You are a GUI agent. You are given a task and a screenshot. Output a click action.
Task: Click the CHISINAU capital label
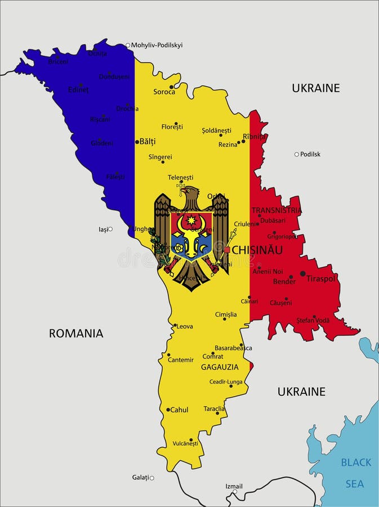(257, 250)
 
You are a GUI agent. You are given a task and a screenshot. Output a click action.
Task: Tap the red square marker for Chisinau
(227, 250)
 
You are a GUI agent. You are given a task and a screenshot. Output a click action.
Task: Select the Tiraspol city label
(320, 278)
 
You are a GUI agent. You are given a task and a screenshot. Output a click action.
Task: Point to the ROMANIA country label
(76, 333)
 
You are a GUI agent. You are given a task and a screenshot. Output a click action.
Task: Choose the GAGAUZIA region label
(220, 367)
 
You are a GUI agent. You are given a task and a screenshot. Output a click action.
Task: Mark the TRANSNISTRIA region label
(277, 210)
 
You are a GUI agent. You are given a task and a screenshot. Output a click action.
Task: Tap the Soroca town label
(164, 92)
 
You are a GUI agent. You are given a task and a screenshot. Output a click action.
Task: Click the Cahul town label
(179, 410)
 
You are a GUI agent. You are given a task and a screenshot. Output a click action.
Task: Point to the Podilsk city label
(310, 154)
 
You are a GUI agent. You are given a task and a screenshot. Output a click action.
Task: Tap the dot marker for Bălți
(137, 142)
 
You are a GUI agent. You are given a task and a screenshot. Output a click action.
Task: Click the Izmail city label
(234, 486)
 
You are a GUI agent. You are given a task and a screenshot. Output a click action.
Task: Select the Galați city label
(140, 477)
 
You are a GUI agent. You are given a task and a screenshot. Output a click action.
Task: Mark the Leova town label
(185, 326)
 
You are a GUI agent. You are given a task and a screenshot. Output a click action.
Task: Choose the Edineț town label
(78, 90)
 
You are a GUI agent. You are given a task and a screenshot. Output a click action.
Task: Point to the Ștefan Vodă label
(313, 321)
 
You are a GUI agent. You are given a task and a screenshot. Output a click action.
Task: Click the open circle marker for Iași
(110, 229)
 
